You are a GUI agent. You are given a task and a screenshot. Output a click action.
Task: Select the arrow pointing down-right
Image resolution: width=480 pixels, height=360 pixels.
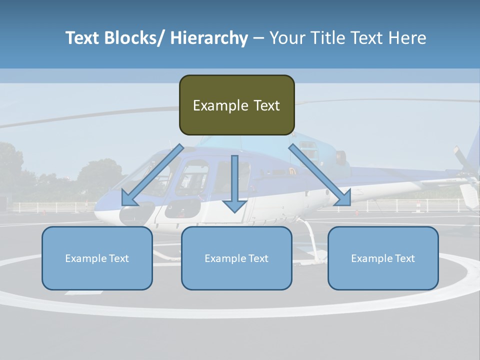[x=320, y=175]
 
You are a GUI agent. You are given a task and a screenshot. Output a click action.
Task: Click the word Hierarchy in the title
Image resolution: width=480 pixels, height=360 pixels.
[x=209, y=38]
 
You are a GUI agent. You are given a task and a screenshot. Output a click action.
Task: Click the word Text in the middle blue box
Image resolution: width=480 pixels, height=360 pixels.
[x=257, y=258]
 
